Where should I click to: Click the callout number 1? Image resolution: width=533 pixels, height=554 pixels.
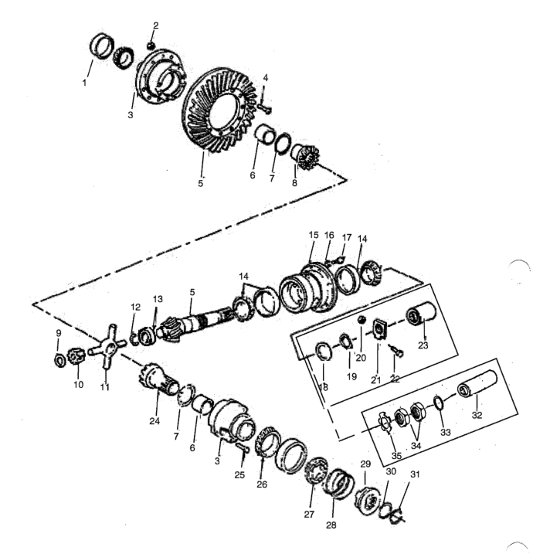coord(84,83)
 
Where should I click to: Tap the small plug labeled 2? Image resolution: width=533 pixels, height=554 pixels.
coord(151,46)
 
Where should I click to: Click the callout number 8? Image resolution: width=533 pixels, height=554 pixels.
coord(294,182)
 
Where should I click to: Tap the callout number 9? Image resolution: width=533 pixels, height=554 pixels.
coord(58,333)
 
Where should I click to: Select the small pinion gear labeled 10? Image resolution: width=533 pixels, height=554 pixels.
coord(75,357)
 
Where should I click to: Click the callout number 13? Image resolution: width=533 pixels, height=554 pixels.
coord(158,299)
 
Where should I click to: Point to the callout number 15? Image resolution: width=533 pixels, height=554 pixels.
coord(314,235)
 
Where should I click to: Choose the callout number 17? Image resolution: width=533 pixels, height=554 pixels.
coord(347,237)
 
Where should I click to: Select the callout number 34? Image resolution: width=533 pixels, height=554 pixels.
coord(416,446)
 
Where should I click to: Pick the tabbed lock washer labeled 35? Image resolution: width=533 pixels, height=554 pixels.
coord(384,422)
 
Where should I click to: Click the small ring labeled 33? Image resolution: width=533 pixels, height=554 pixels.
coord(438,403)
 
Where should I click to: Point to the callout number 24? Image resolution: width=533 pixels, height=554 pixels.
coord(154,421)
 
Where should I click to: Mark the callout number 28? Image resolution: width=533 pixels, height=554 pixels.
coord(331,525)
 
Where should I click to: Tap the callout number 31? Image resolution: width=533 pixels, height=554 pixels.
coord(415,474)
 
